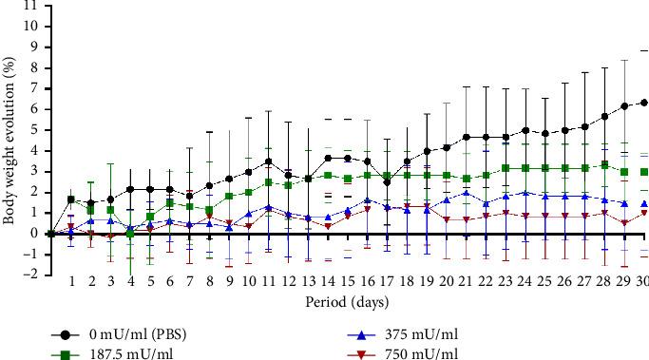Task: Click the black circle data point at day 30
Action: point(643,103)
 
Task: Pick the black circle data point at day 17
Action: point(387,182)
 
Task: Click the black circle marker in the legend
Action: point(64,335)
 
